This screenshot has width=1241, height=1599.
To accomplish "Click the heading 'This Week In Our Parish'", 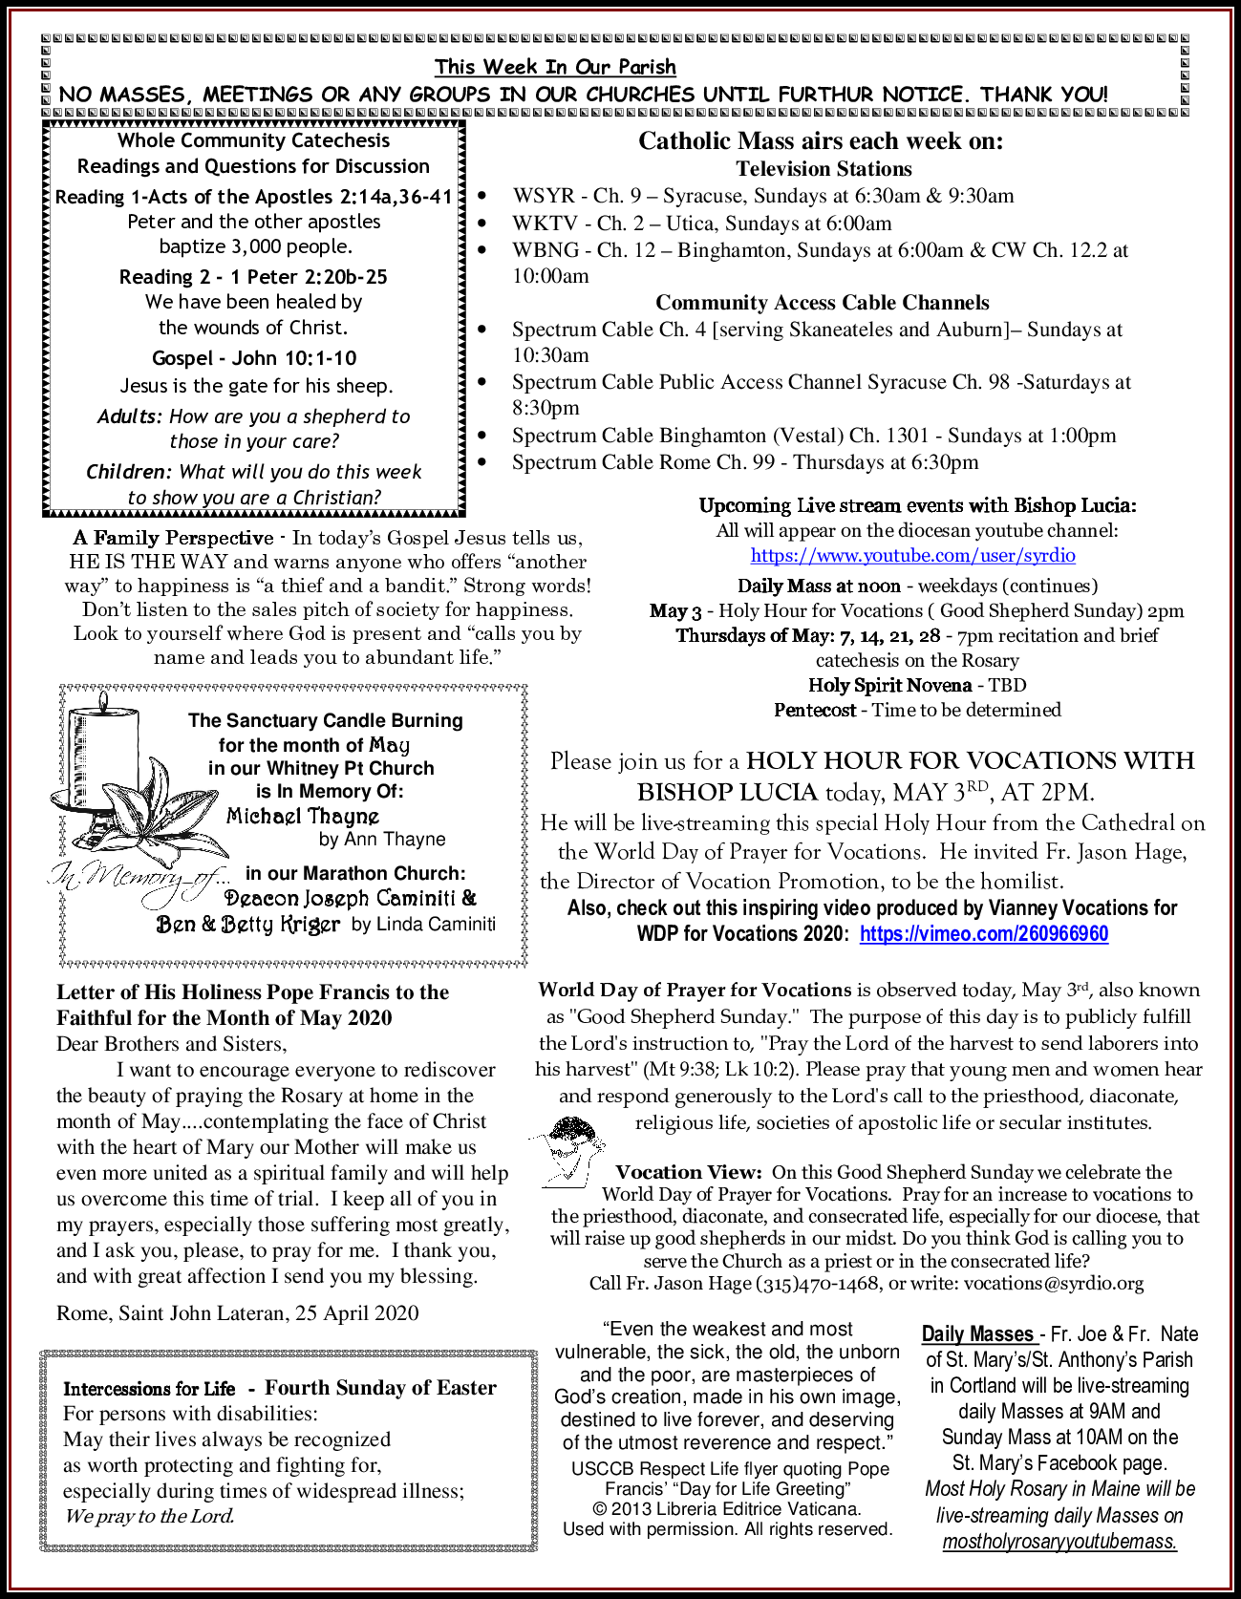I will tap(555, 67).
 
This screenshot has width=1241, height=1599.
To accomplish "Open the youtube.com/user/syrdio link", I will tap(912, 555).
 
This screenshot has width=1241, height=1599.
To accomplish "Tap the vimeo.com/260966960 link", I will tap(984, 933).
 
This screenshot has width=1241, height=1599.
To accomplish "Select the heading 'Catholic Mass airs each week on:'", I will tap(821, 141).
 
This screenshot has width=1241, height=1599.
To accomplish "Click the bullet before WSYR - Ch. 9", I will tap(483, 197).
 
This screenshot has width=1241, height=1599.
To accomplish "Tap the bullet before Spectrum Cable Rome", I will tap(483, 462).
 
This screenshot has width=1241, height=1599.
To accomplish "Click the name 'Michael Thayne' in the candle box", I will tap(303, 816).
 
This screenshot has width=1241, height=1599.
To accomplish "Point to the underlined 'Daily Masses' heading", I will tap(977, 1333).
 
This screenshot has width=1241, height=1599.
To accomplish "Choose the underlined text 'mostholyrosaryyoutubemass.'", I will tap(1059, 1541).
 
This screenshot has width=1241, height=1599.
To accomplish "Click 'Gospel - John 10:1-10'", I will tap(254, 358).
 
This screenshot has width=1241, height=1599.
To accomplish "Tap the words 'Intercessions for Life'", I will tap(149, 1389).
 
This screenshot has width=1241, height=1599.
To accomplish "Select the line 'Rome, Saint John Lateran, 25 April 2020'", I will tap(238, 1312).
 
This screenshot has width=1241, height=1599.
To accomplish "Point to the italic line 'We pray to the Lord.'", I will tap(149, 1516).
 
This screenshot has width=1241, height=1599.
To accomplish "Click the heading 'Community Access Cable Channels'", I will tap(822, 303).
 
